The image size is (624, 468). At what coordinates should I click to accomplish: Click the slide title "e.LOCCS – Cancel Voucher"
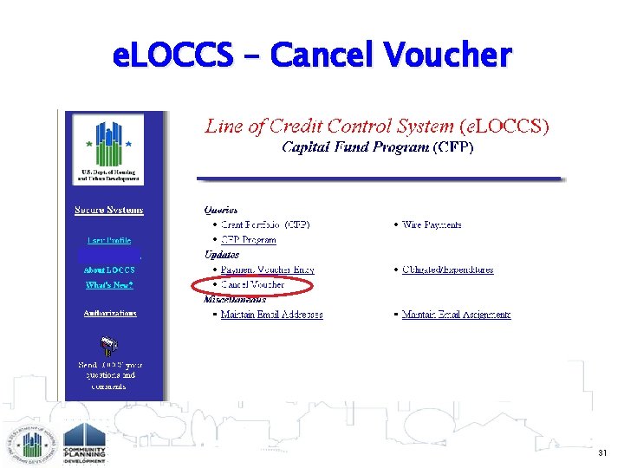(x=312, y=55)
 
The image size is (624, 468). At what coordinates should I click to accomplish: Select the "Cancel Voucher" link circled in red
(x=252, y=284)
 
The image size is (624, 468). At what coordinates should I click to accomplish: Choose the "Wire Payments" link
(x=432, y=224)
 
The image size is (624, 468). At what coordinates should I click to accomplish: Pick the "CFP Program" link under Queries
(x=248, y=240)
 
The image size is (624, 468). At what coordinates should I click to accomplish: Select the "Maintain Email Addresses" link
(x=271, y=315)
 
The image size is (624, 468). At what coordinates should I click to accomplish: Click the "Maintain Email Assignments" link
(x=456, y=315)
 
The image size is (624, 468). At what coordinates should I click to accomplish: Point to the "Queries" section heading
(x=221, y=210)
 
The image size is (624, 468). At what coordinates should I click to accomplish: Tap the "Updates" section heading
(x=222, y=255)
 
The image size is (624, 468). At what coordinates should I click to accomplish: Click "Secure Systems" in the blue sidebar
(x=109, y=211)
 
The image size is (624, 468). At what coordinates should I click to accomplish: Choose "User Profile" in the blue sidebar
(x=109, y=240)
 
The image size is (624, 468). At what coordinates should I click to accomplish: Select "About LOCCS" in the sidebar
(x=109, y=270)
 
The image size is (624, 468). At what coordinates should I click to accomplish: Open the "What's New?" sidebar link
(x=109, y=285)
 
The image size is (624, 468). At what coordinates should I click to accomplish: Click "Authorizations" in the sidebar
(x=110, y=313)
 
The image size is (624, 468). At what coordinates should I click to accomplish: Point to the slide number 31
(x=602, y=452)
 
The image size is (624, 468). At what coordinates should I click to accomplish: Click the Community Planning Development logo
(x=84, y=443)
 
